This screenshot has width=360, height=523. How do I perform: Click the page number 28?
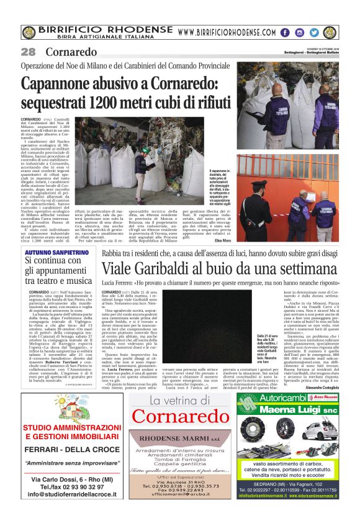pos(28,52)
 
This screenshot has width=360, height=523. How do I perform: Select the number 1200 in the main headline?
pos(110,102)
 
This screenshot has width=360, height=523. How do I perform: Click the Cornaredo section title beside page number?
pos(71,52)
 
